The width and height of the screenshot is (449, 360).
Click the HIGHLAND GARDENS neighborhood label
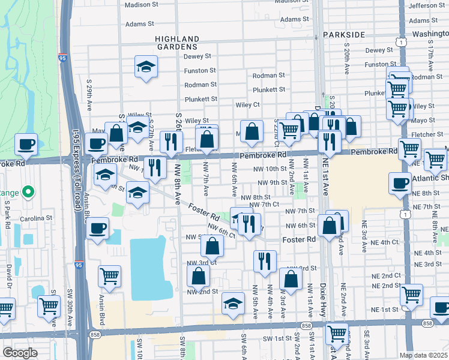[176, 42]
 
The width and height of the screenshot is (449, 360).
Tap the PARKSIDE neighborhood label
[343, 35]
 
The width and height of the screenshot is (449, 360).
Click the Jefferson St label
[426, 5]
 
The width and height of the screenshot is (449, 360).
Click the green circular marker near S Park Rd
[26, 193]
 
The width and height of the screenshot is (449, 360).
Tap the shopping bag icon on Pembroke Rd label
[253, 131]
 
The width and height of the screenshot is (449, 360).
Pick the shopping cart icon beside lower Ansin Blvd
[109, 276]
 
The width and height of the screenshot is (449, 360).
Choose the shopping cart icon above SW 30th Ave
[49, 305]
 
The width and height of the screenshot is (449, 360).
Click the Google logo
[20, 353]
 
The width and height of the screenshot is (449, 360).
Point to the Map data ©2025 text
[423, 355]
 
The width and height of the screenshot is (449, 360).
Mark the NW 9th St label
[272, 182]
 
